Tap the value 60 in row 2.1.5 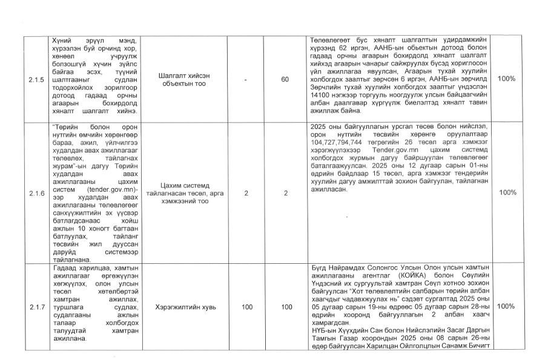click(285, 79)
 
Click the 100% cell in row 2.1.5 click(507, 79)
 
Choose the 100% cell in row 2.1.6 click(507, 192)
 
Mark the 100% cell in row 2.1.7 click(507, 307)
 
